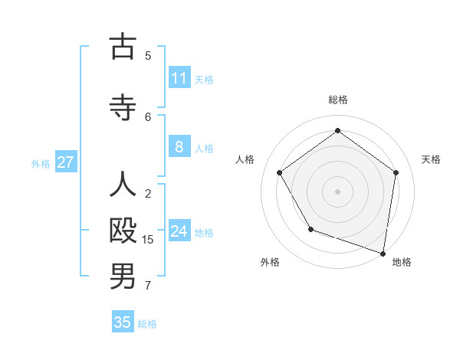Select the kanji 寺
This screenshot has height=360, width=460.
(x=123, y=108)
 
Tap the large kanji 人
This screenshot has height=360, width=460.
(x=123, y=184)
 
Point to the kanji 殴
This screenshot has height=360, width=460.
(x=123, y=231)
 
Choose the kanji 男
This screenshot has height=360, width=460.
(x=123, y=277)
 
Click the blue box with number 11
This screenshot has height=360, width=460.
(x=179, y=78)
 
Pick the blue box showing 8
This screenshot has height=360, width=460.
(x=179, y=148)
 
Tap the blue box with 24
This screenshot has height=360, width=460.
(x=179, y=232)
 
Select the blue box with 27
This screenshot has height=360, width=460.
(x=66, y=162)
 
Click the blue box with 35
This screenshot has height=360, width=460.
(x=123, y=322)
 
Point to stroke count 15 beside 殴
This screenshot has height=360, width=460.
(x=148, y=240)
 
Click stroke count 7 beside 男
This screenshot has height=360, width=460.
(x=148, y=286)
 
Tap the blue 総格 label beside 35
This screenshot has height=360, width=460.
(x=147, y=324)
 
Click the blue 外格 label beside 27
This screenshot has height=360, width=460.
(x=41, y=163)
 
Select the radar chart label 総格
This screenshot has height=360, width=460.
(x=338, y=100)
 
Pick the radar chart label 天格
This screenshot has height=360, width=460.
(x=431, y=159)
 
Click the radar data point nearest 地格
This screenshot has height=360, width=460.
(x=383, y=253)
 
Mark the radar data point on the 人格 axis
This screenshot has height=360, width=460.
(x=280, y=172)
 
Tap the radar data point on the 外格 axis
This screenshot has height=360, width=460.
(x=310, y=229)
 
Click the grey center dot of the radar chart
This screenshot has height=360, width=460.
(x=338, y=191)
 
